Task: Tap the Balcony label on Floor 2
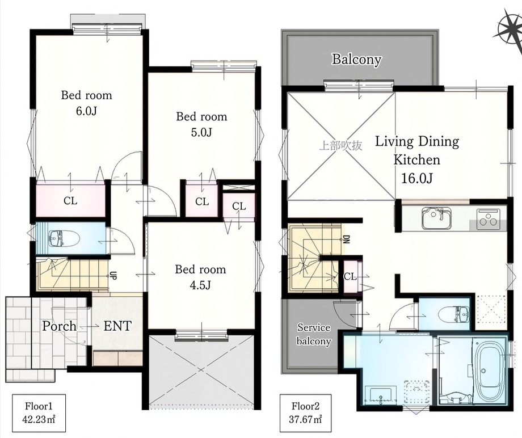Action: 356,59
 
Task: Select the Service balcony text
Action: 314,335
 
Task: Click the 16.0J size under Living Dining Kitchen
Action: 417,179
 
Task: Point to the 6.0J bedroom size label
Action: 86,111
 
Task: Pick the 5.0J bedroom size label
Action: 201,132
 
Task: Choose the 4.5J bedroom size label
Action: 200,285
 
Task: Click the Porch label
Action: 59,326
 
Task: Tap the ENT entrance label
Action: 117,326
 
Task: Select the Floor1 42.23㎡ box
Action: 39,412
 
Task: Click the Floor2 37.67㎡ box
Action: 305,412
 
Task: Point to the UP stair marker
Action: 113,276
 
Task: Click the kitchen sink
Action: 436,218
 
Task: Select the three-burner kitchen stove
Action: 488,219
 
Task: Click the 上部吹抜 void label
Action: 340,146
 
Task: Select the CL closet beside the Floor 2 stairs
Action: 350,276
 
